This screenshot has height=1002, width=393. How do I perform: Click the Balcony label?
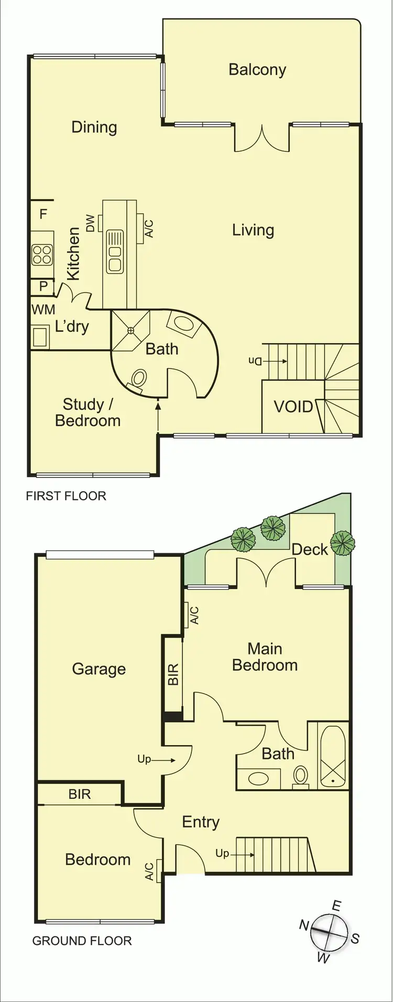[257, 70]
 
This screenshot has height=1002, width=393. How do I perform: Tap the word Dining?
[94, 127]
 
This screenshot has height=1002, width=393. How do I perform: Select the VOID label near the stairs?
[293, 407]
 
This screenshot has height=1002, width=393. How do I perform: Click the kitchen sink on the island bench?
[114, 252]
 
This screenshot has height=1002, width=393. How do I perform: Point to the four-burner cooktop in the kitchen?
[42, 255]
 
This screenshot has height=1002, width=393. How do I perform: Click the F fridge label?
[43, 214]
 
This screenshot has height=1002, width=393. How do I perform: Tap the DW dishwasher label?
[91, 223]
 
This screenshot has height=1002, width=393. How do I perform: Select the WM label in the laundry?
[43, 310]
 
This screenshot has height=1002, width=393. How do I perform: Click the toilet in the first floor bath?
[138, 379]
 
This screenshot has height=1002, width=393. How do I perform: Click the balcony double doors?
[261, 138]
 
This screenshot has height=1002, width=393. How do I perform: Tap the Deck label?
[309, 550]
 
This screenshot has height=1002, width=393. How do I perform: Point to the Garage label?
[99, 669]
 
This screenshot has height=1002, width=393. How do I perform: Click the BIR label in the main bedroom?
[173, 674]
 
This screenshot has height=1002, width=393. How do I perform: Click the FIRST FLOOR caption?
[66, 496]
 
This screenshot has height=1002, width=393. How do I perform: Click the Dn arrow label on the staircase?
[255, 361]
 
